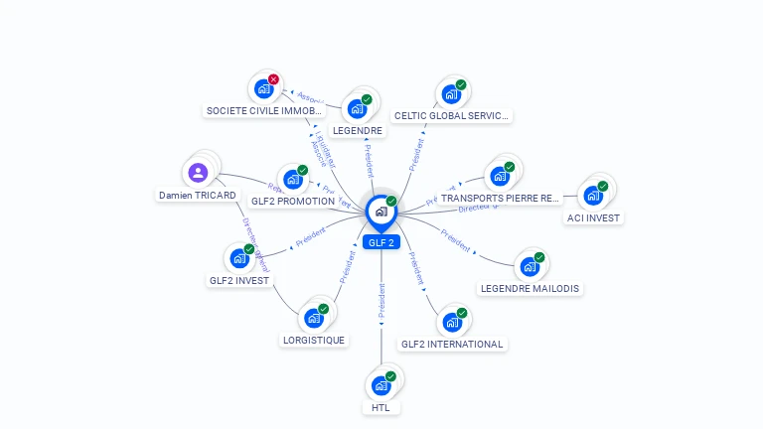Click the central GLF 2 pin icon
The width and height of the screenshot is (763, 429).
[x=381, y=212]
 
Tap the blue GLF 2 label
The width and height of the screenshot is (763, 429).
[x=381, y=242]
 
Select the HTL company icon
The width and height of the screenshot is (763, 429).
[x=381, y=385]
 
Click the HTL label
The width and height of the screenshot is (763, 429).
[x=381, y=407]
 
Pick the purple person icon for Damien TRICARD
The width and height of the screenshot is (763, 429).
[x=198, y=173]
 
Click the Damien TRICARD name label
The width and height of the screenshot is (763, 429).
[x=198, y=196]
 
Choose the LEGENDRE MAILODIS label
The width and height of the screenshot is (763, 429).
[x=530, y=289]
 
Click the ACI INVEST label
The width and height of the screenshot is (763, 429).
[x=593, y=217]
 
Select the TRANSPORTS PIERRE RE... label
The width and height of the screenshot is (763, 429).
[x=501, y=199]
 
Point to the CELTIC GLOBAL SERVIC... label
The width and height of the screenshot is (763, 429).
[x=452, y=116]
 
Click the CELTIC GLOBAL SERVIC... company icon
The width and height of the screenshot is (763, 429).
[x=451, y=94]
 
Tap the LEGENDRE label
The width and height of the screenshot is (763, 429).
[x=358, y=130]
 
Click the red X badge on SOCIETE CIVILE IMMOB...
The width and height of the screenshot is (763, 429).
[x=273, y=79]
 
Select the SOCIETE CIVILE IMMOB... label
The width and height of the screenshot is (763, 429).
[x=264, y=111]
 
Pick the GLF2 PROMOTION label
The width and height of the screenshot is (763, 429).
[x=293, y=201]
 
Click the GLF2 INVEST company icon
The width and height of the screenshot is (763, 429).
[x=239, y=258]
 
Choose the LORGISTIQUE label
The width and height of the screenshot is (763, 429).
[x=314, y=340]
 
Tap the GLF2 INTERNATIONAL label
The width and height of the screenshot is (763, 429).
[x=452, y=345]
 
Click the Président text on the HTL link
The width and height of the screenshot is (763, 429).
[x=381, y=300]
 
